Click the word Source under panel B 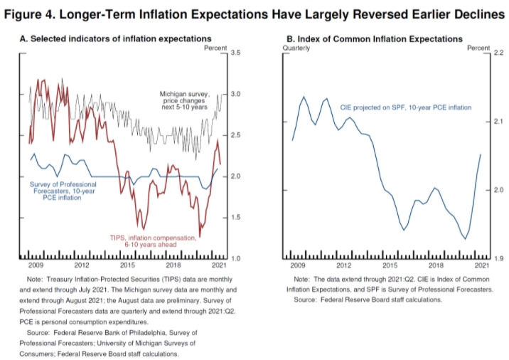(308, 300)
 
